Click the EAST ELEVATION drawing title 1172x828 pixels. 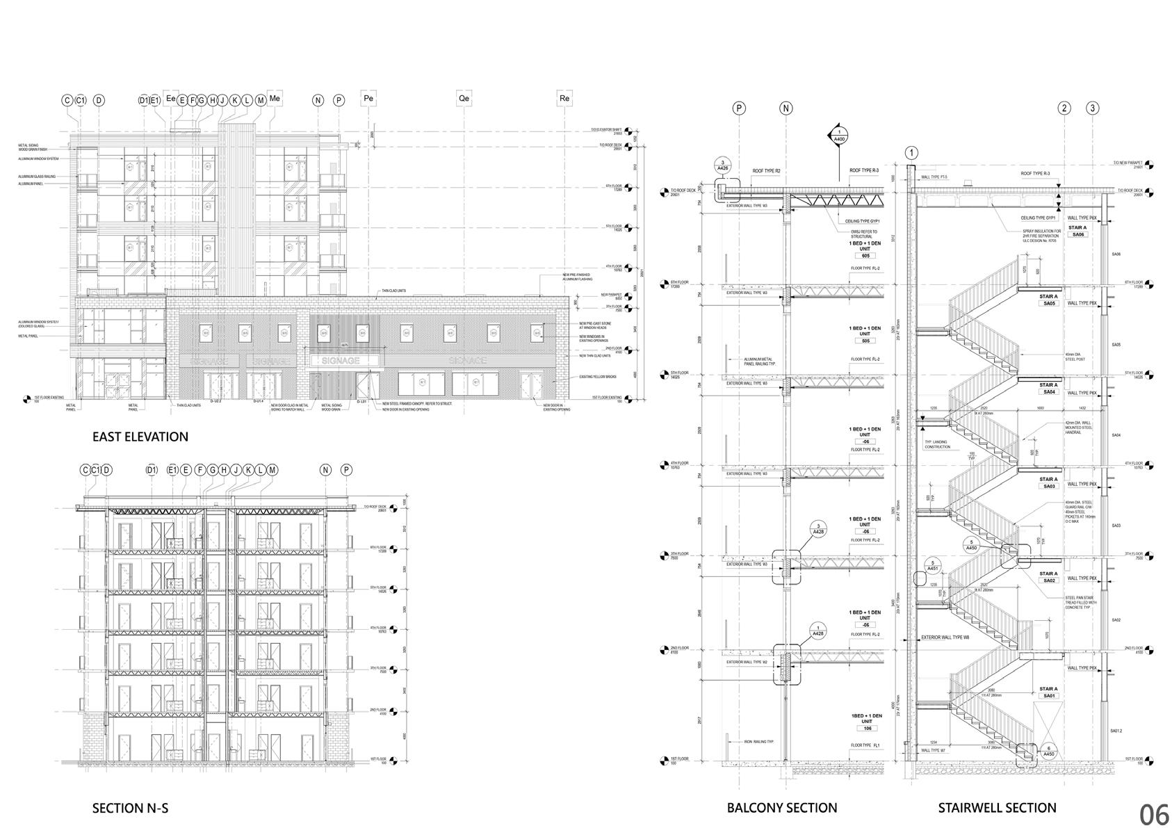point(140,437)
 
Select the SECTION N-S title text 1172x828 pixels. point(130,808)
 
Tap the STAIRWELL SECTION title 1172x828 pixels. point(997,807)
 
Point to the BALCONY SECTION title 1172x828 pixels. point(782,807)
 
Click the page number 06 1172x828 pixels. point(1153,814)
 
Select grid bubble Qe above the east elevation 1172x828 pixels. point(464,99)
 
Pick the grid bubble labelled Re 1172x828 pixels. point(564,99)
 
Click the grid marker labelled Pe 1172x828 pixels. point(368,99)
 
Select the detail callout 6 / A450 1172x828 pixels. point(1048,751)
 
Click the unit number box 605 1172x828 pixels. point(865,257)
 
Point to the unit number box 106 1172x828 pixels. point(866,729)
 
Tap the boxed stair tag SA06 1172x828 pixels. point(1077,235)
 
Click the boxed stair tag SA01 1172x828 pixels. point(1049,696)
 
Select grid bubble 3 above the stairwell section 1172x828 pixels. point(1093,108)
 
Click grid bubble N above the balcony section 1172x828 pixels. point(786,108)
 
